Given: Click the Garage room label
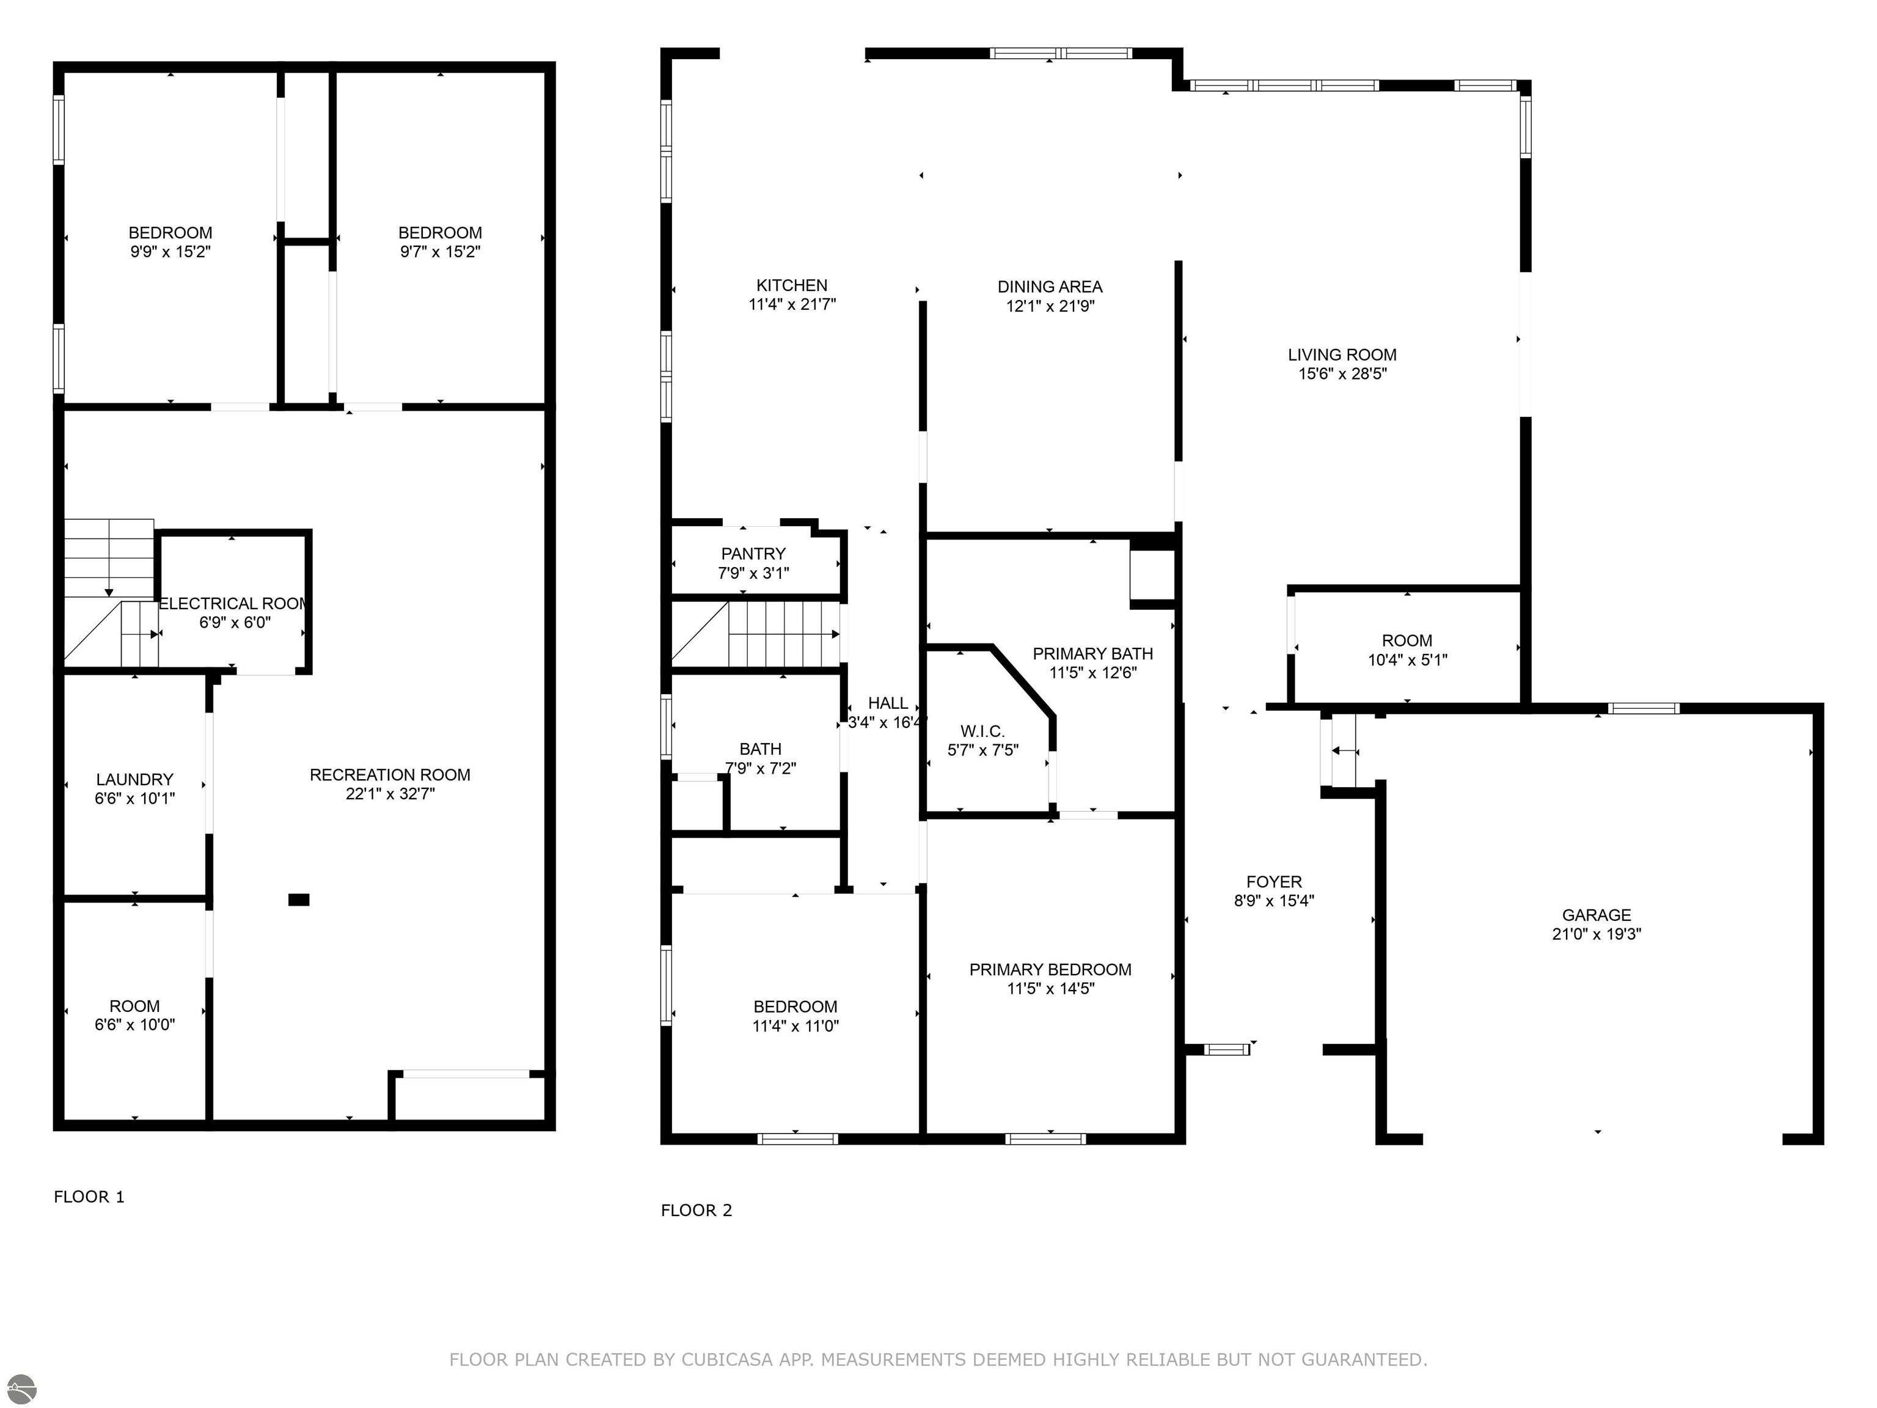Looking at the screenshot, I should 1596,915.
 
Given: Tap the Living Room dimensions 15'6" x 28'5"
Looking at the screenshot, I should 1342,373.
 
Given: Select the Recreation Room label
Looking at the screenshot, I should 389,774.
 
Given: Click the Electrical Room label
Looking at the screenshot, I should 233,603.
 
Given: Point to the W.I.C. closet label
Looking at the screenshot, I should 982,731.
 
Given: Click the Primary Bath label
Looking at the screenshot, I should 1092,653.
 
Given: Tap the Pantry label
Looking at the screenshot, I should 753,553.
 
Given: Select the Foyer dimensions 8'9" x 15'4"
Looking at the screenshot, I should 1274,901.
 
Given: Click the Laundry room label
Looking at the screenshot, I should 134,779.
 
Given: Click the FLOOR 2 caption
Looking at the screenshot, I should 696,1210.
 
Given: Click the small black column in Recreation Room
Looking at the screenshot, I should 299,900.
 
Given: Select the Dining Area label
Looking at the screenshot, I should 1050,287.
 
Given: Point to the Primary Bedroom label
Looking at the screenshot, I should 1050,969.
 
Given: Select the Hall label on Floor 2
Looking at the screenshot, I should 888,703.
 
